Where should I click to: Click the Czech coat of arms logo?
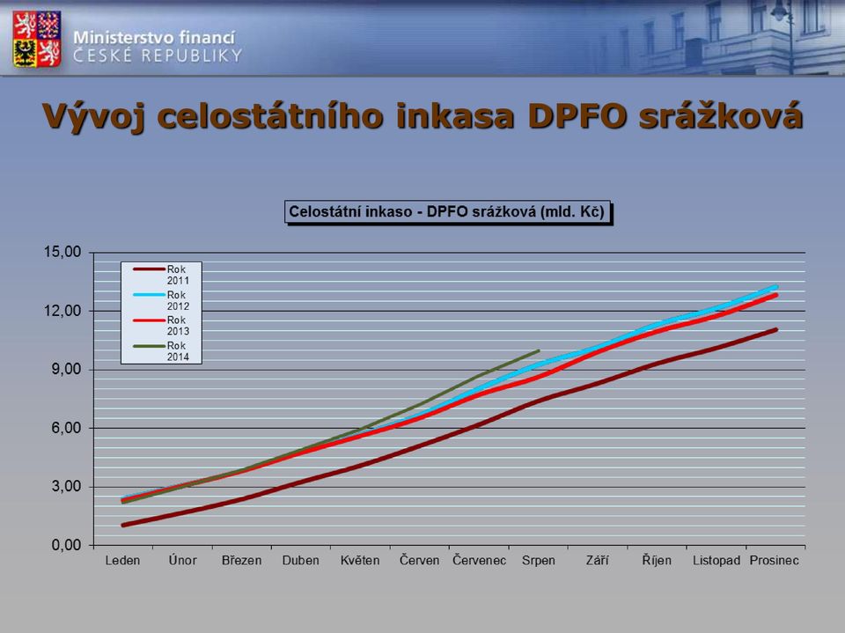point(37,38)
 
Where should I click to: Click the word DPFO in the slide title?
point(577,115)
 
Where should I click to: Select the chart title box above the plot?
point(447,212)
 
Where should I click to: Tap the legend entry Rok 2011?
point(161,275)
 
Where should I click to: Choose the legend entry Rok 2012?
point(161,300)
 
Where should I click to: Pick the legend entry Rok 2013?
point(161,325)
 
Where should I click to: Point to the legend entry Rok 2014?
point(161,351)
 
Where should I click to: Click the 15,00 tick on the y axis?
point(62,252)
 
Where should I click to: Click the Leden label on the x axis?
point(122,561)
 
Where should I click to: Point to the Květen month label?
point(360,561)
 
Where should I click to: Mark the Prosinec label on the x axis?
point(775,561)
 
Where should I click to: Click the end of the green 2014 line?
point(539,350)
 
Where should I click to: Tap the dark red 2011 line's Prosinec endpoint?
point(775,329)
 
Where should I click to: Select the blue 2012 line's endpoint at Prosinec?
point(776,287)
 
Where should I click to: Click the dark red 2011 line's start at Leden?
point(123,526)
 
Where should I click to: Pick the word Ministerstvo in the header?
point(123,38)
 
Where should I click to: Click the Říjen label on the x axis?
point(657,561)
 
